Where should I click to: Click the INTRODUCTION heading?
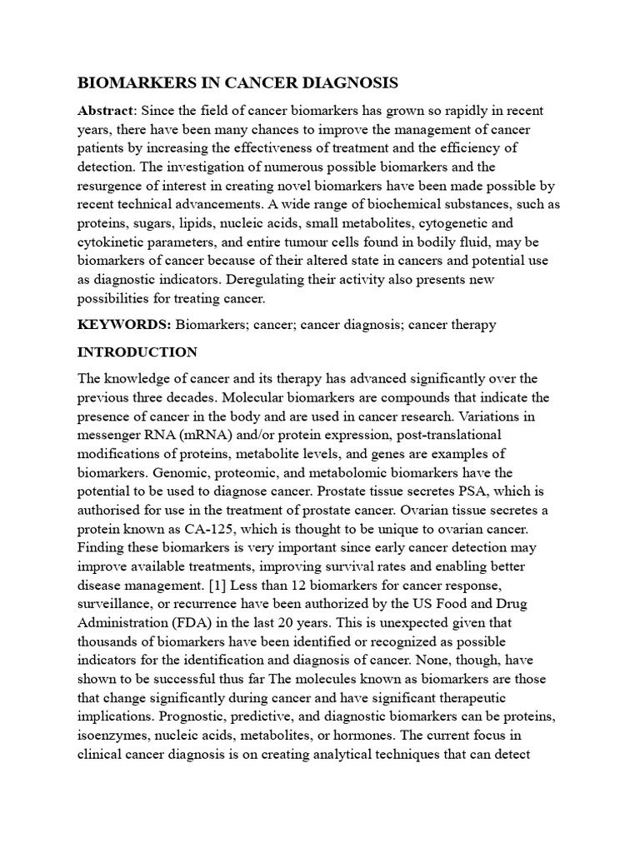point(137,352)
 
